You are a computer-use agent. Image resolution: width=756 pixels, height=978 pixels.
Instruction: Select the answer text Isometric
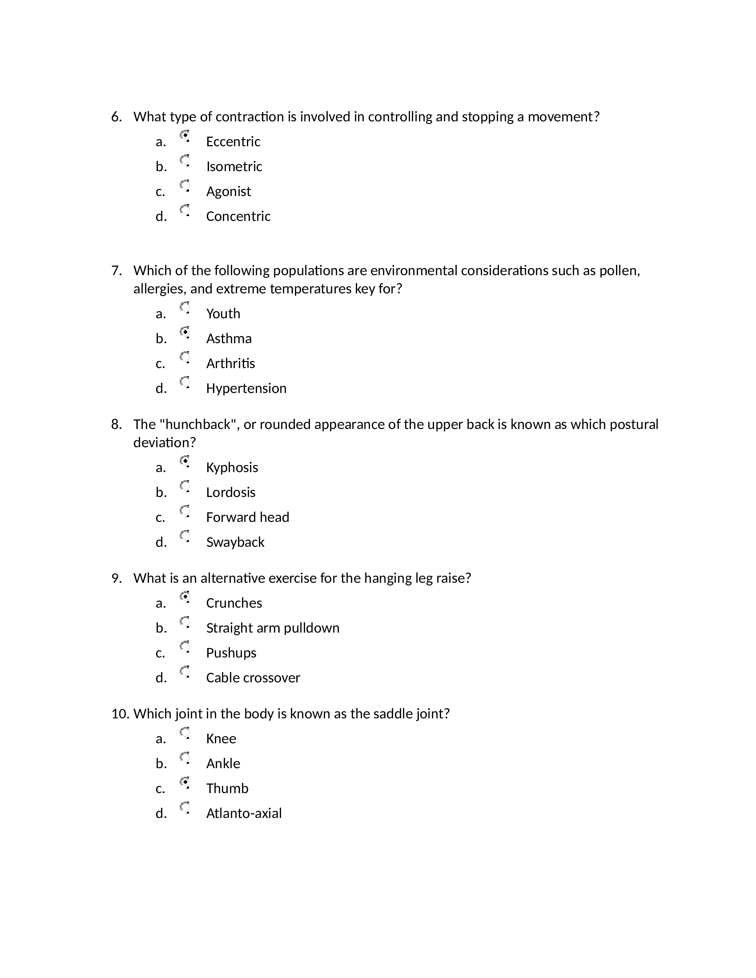click(234, 167)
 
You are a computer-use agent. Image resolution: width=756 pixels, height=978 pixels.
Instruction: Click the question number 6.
click(116, 117)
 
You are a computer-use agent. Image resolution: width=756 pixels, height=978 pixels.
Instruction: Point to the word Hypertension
click(246, 388)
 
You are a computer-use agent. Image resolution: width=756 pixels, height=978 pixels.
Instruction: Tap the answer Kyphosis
click(232, 468)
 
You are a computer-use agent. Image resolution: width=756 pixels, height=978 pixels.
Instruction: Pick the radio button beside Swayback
click(185, 536)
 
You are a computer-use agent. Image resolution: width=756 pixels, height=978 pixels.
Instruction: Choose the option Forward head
click(247, 517)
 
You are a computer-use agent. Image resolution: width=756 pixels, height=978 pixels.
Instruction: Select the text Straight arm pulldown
click(272, 628)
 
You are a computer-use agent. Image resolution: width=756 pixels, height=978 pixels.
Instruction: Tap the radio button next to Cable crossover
click(185, 671)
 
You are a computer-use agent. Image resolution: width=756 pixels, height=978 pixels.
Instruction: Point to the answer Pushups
click(231, 653)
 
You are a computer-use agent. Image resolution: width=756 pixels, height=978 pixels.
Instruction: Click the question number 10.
click(120, 714)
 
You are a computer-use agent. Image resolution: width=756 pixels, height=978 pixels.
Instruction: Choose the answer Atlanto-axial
click(244, 813)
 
